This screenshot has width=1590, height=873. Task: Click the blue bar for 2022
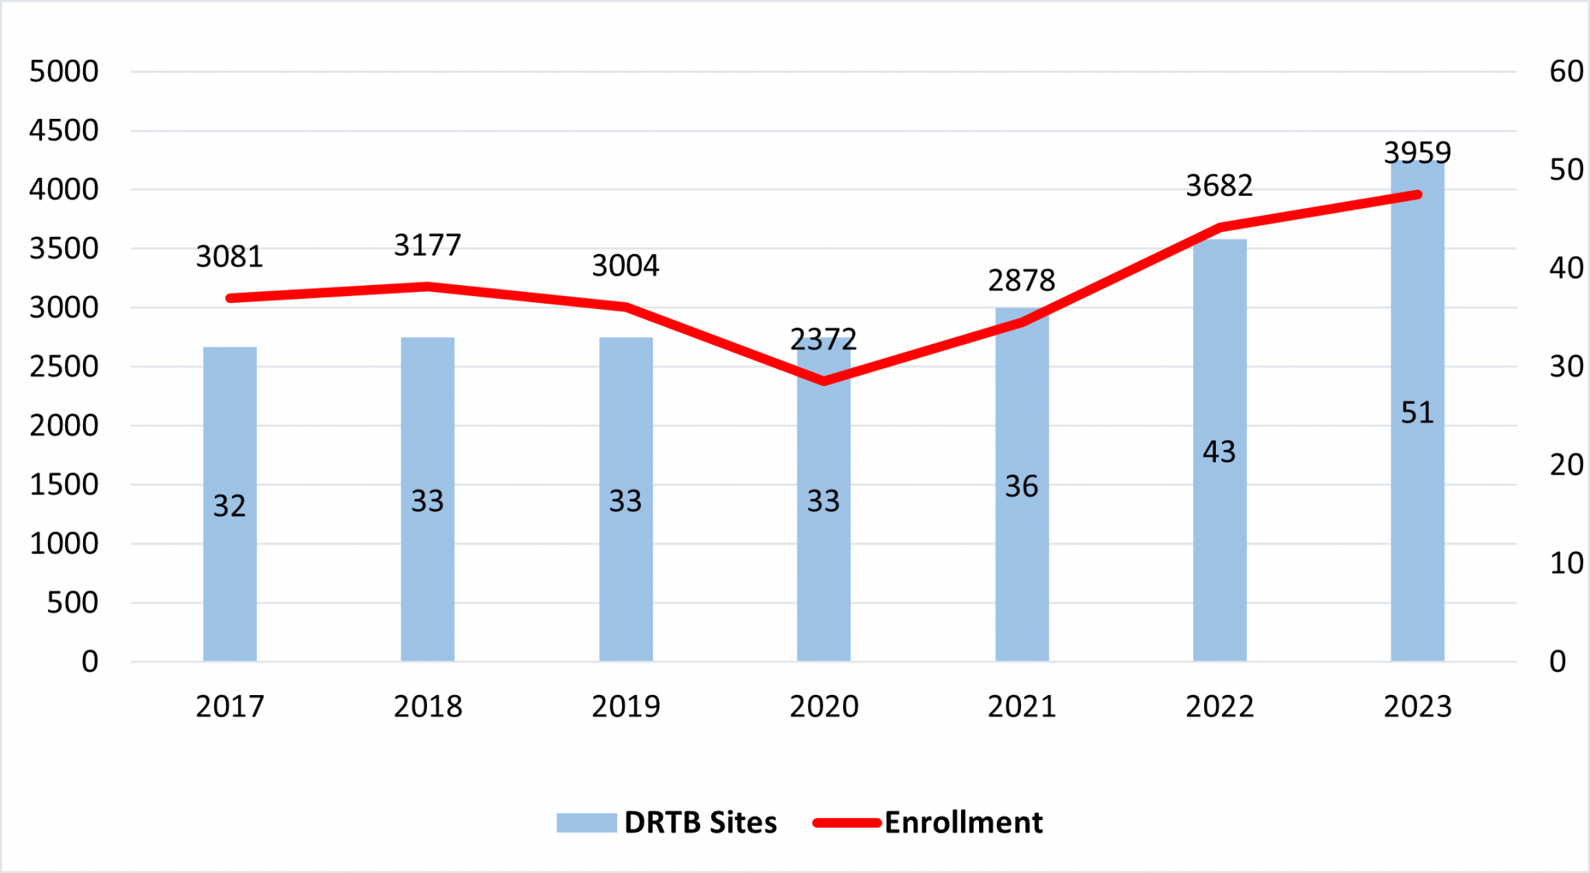(x=1220, y=544)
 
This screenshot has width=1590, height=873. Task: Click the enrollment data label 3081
(x=229, y=256)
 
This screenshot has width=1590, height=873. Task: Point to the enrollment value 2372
(x=823, y=339)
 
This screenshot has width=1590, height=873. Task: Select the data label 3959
(x=1417, y=152)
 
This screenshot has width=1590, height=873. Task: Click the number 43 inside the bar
(x=1219, y=452)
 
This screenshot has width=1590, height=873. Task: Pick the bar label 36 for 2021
(x=1021, y=487)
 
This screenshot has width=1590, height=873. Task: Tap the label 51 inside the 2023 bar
(x=1417, y=412)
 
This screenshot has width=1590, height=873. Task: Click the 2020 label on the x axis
(x=824, y=706)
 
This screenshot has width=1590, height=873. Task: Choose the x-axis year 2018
(x=428, y=706)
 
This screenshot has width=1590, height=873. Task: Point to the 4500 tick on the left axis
(x=64, y=130)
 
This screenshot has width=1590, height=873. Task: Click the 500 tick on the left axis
(x=72, y=603)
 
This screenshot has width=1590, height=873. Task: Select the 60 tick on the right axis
(x=1566, y=71)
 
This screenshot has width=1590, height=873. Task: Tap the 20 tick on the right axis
(x=1566, y=464)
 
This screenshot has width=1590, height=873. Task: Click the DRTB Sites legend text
(x=700, y=823)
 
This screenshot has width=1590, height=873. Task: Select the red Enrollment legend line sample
(x=846, y=823)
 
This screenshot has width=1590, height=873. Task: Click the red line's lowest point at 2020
(x=824, y=381)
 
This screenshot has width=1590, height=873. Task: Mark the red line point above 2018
(x=428, y=287)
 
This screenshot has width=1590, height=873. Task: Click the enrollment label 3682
(x=1219, y=186)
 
